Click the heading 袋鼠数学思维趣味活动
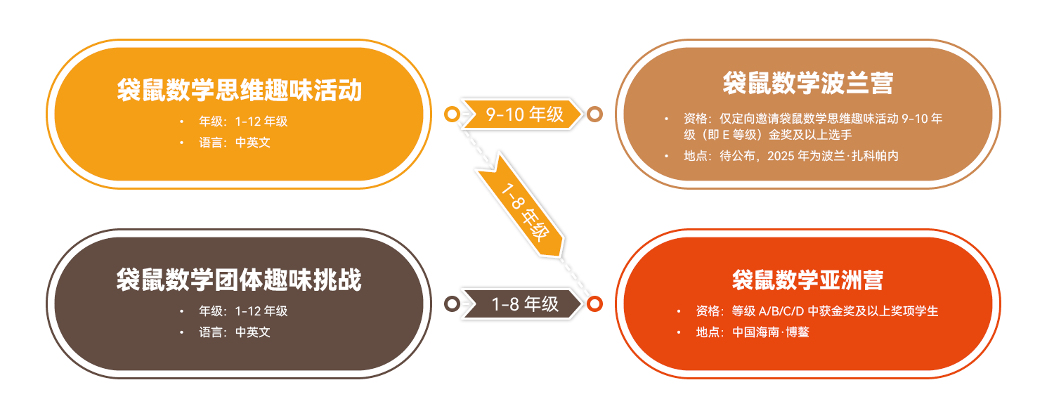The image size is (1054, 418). [239, 91]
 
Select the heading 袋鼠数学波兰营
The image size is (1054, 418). [807, 84]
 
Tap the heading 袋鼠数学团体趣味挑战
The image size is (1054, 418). [239, 280]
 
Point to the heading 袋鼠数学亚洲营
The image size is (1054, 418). [807, 280]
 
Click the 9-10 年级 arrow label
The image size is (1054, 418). [523, 114]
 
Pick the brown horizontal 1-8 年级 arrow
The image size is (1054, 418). [523, 303]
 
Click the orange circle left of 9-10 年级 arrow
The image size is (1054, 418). [452, 114]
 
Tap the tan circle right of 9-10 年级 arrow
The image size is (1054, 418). [594, 114]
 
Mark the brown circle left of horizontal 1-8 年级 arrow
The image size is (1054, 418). [452, 303]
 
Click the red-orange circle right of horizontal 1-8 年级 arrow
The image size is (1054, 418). [594, 303]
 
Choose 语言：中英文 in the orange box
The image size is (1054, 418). [234, 142]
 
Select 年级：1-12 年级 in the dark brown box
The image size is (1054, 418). [243, 311]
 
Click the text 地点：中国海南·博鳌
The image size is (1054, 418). [753, 332]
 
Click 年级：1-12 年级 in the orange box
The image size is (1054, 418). [243, 122]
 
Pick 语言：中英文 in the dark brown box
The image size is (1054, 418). [234, 332]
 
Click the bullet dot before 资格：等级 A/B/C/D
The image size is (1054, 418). [679, 311]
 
